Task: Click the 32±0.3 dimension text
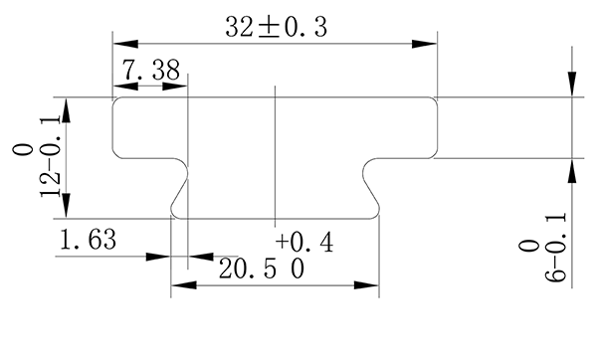tap(276, 28)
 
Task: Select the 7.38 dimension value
tap(150, 70)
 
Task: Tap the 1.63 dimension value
tap(88, 240)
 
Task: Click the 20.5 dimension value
tap(261, 269)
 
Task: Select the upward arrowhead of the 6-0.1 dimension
tap(572, 170)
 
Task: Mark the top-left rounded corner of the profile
tap(117, 101)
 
